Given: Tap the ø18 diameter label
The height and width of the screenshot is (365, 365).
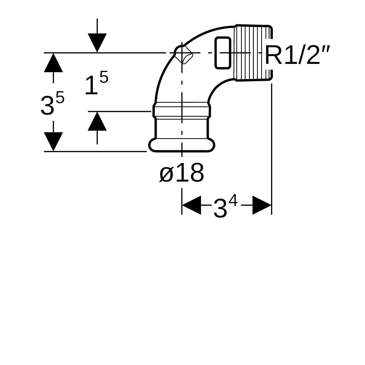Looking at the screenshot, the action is [x=182, y=172].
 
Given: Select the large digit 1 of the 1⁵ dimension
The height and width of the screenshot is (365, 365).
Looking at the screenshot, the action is [x=91, y=85].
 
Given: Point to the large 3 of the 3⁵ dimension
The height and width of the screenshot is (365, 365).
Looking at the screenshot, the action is [x=47, y=106].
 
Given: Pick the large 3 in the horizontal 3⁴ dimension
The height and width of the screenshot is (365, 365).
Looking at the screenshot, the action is [x=220, y=208].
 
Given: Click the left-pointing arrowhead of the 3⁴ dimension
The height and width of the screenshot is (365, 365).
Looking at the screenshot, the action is [x=191, y=205].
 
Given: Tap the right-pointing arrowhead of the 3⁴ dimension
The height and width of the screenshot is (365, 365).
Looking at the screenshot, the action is [x=262, y=205].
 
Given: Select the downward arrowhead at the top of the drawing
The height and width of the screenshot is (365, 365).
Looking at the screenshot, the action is [x=97, y=43].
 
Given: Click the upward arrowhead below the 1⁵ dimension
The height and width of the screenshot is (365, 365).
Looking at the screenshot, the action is [x=97, y=121].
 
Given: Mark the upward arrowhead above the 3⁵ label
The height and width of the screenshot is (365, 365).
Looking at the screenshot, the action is [x=54, y=63].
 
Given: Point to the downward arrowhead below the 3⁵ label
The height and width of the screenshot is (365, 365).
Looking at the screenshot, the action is [x=54, y=142].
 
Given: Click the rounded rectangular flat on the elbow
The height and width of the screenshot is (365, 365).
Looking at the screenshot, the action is [x=223, y=53].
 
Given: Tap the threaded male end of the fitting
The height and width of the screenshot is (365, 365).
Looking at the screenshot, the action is [x=253, y=53].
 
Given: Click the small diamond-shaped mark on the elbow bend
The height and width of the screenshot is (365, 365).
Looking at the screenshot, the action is [x=183, y=54].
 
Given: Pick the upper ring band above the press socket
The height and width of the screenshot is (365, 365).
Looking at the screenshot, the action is [x=182, y=109].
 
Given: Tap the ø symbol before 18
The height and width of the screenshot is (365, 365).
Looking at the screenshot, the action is [x=166, y=175].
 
